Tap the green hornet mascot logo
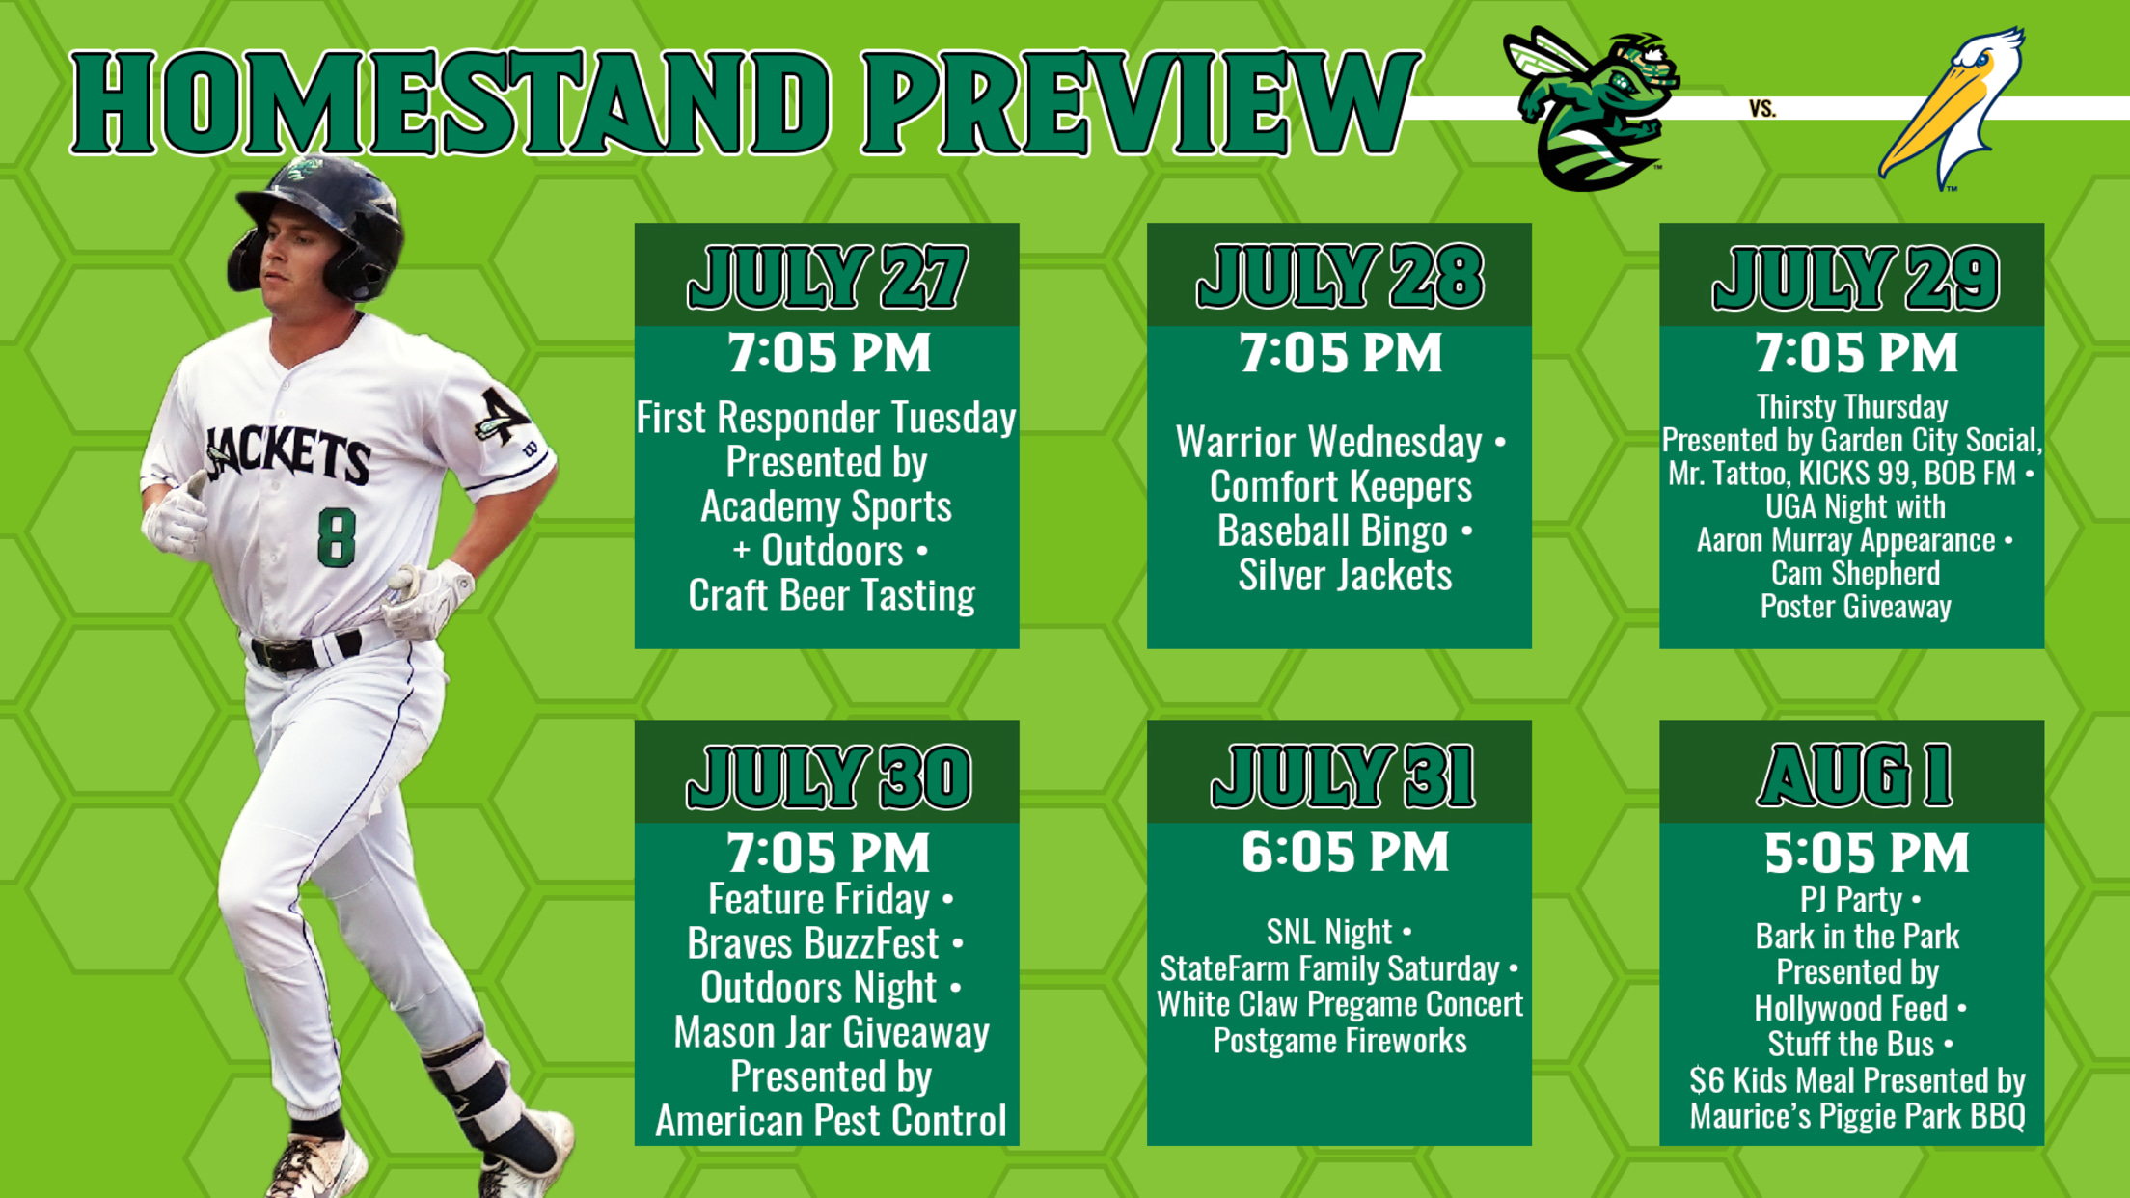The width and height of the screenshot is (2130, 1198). (x=1591, y=108)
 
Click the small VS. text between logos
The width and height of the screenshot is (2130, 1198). (x=1762, y=109)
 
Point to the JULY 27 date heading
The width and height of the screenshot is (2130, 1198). (x=827, y=277)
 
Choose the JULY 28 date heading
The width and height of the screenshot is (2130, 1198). (x=1340, y=277)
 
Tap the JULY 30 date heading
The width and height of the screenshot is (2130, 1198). (x=829, y=776)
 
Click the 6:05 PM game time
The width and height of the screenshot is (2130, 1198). (x=1345, y=853)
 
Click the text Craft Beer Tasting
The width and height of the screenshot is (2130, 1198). (x=832, y=595)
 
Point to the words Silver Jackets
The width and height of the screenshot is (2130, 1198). (x=1345, y=576)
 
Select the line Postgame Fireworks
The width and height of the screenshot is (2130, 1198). (x=1340, y=1041)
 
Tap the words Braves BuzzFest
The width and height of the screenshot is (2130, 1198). (x=813, y=943)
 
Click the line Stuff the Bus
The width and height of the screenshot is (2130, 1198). (x=1850, y=1045)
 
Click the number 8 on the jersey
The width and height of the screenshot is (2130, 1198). (x=336, y=538)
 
